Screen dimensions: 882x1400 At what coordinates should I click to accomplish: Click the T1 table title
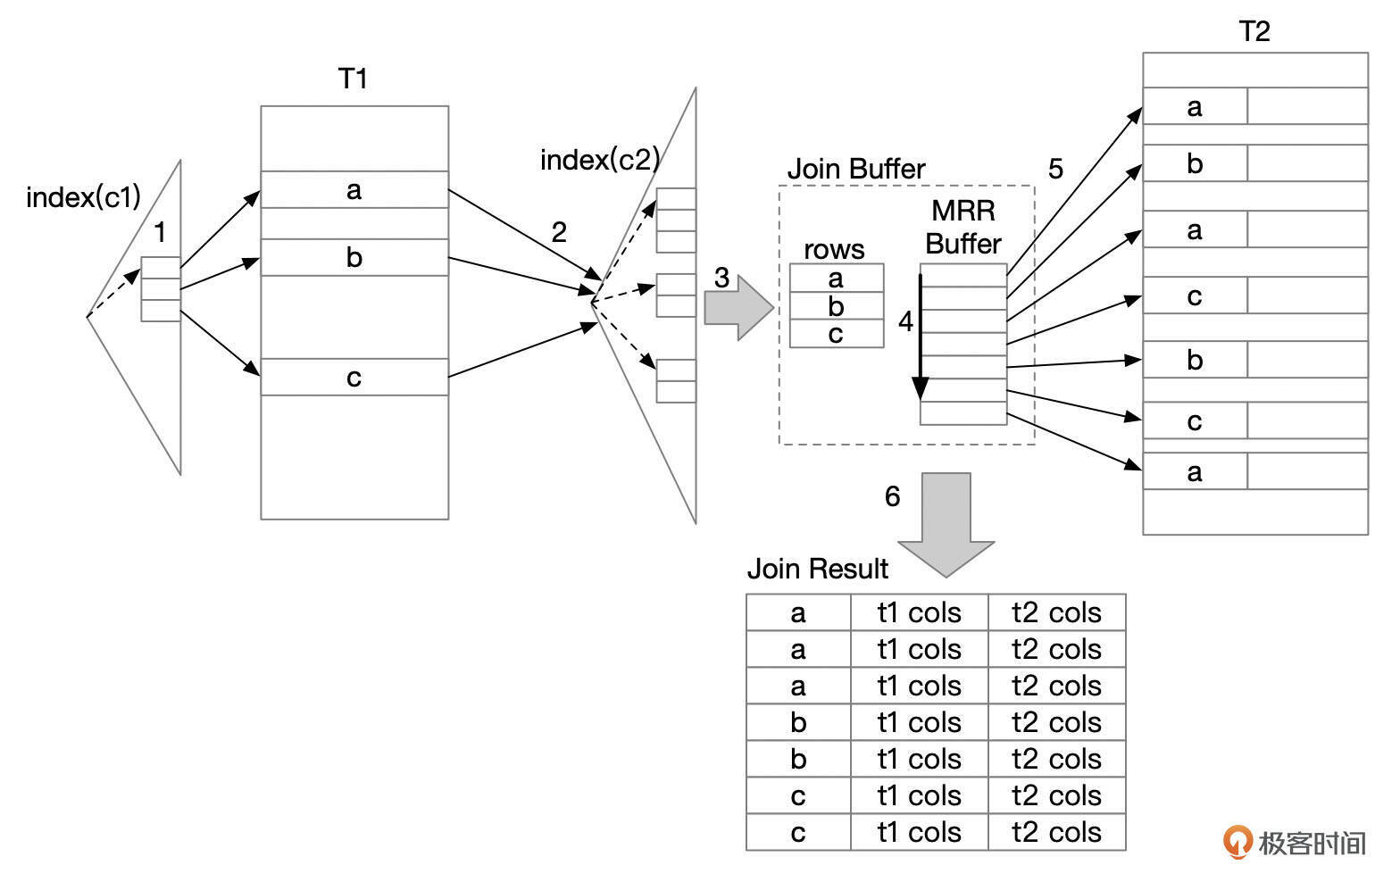(353, 79)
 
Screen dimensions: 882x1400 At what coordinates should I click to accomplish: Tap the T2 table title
(1254, 32)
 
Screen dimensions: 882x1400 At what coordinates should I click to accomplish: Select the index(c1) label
(83, 197)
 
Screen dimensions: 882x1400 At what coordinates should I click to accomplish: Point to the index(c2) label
(599, 160)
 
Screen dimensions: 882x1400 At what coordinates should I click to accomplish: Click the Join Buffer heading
(855, 169)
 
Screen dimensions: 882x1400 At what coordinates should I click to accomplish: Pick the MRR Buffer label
(962, 227)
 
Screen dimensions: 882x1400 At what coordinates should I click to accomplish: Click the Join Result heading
(817, 569)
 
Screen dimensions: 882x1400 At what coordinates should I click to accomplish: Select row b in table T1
(354, 258)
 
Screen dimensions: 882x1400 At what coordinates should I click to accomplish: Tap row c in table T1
(354, 378)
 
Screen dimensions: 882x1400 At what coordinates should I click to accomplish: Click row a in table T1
(354, 189)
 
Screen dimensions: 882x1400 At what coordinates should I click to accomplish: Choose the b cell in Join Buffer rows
(836, 306)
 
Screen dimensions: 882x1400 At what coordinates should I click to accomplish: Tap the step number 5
(1055, 169)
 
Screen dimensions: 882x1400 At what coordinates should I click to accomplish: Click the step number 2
(559, 233)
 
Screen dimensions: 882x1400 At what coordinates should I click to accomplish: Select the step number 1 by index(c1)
(160, 233)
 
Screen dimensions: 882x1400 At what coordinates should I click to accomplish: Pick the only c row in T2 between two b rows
(1195, 296)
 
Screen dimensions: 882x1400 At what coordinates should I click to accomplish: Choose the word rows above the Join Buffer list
(834, 249)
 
